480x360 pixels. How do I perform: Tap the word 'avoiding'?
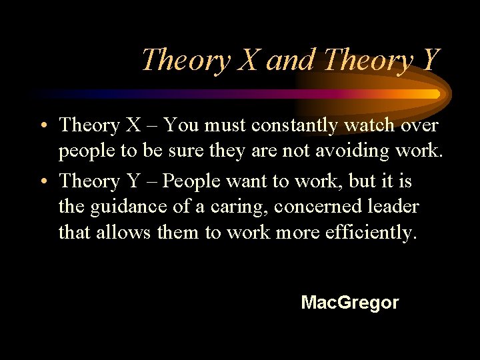coord(359,151)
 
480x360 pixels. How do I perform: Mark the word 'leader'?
coord(395,207)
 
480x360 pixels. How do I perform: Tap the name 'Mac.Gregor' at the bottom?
coord(350,303)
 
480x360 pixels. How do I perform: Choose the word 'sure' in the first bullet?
coord(173,151)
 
